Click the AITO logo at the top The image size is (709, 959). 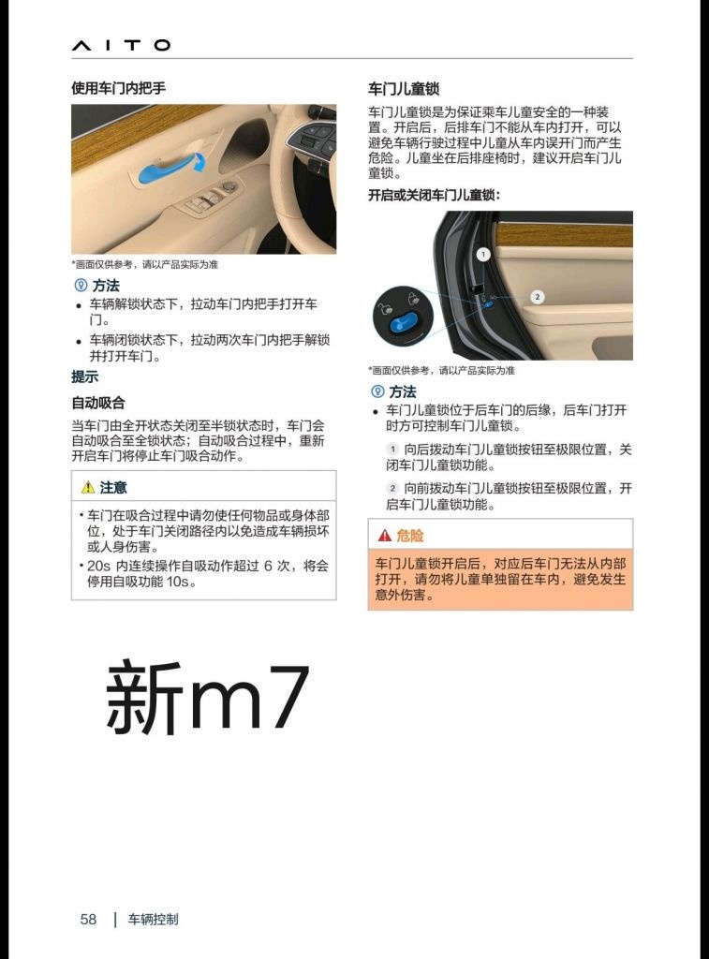tap(121, 45)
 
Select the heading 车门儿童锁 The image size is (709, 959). tap(404, 89)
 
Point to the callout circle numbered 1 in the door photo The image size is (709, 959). tap(483, 254)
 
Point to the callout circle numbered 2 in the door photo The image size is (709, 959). tap(537, 297)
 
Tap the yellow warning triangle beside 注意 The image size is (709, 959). tap(88, 487)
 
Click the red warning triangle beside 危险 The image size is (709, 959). tap(384, 536)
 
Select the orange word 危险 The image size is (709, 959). tap(410, 536)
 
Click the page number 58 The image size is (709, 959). tap(88, 920)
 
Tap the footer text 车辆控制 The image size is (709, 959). tap(153, 920)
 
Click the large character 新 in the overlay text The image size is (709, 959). tap(143, 697)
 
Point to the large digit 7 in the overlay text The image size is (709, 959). tap(282, 698)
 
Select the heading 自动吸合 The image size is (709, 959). tap(98, 403)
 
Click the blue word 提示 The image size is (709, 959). tap(85, 376)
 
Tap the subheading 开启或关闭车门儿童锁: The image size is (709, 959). tap(434, 195)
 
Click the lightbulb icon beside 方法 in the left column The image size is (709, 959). tap(80, 286)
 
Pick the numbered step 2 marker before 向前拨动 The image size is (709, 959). tap(393, 489)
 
